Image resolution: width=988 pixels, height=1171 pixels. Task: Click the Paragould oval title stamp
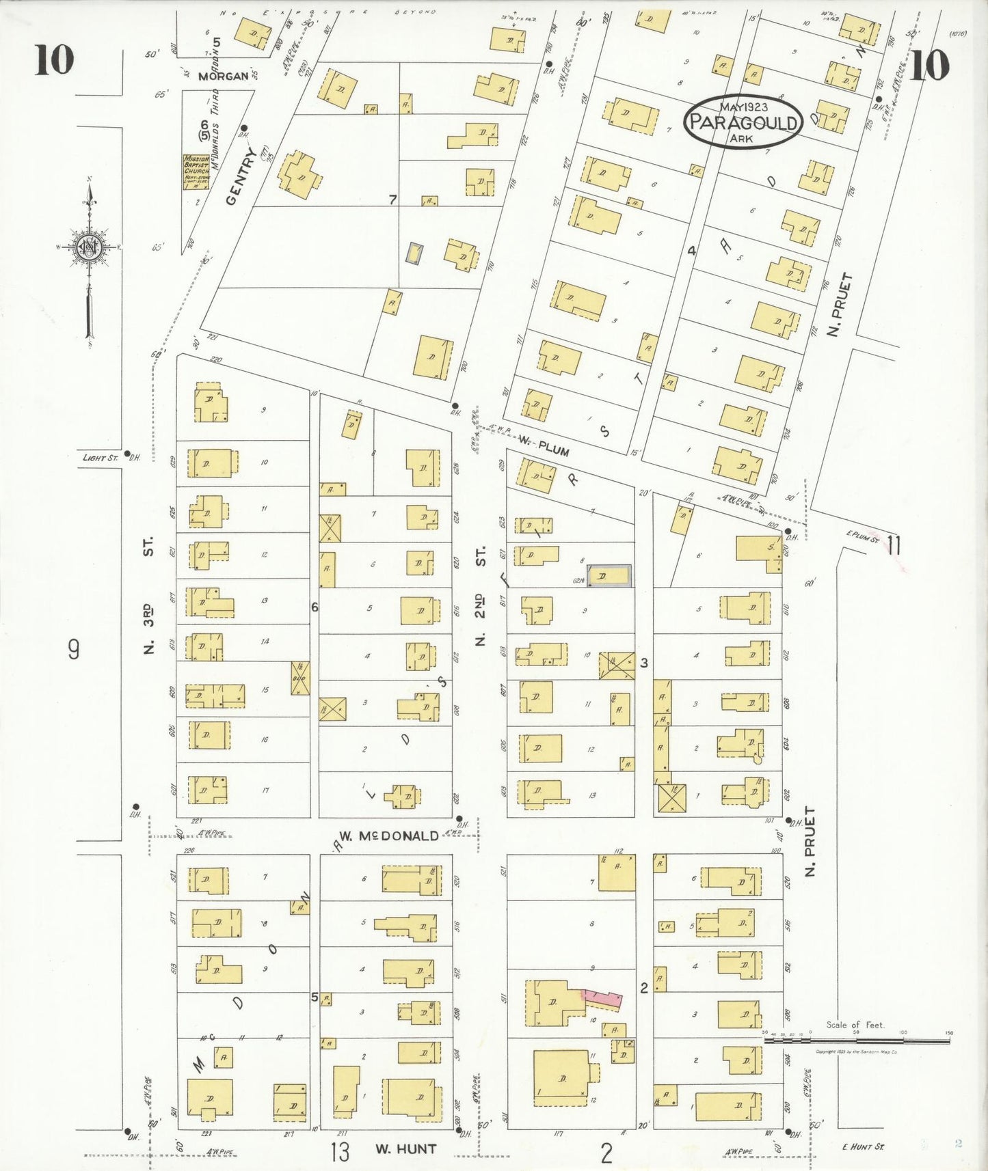pyautogui.click(x=743, y=122)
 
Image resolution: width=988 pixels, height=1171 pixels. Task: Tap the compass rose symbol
pyautogui.click(x=90, y=247)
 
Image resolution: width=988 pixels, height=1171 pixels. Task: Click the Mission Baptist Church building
pyautogui.click(x=196, y=172)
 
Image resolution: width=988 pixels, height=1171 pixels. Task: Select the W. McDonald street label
pyautogui.click(x=388, y=836)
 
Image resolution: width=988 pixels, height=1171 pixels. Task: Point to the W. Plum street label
pyautogui.click(x=543, y=446)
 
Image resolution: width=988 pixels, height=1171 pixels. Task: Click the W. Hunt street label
pyautogui.click(x=405, y=1148)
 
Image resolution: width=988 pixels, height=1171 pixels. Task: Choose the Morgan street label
pyautogui.click(x=223, y=76)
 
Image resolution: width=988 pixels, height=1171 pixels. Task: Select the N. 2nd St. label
pyautogui.click(x=481, y=596)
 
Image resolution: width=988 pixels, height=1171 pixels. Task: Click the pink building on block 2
pyautogui.click(x=602, y=999)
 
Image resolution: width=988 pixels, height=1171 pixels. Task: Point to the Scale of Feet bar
pyautogui.click(x=857, y=1041)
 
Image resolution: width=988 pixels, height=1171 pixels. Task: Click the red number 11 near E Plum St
pyautogui.click(x=893, y=545)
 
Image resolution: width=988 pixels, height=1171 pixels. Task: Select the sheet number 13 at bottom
pyautogui.click(x=339, y=1151)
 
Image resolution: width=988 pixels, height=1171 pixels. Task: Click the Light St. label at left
pyautogui.click(x=101, y=457)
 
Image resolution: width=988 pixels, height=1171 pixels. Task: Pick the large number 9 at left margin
pyautogui.click(x=73, y=648)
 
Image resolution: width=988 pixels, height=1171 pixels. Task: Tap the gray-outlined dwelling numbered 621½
pyautogui.click(x=609, y=576)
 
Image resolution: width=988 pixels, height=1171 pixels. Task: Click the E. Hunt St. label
pyautogui.click(x=864, y=1146)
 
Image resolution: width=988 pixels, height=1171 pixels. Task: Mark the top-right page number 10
pyautogui.click(x=929, y=66)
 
